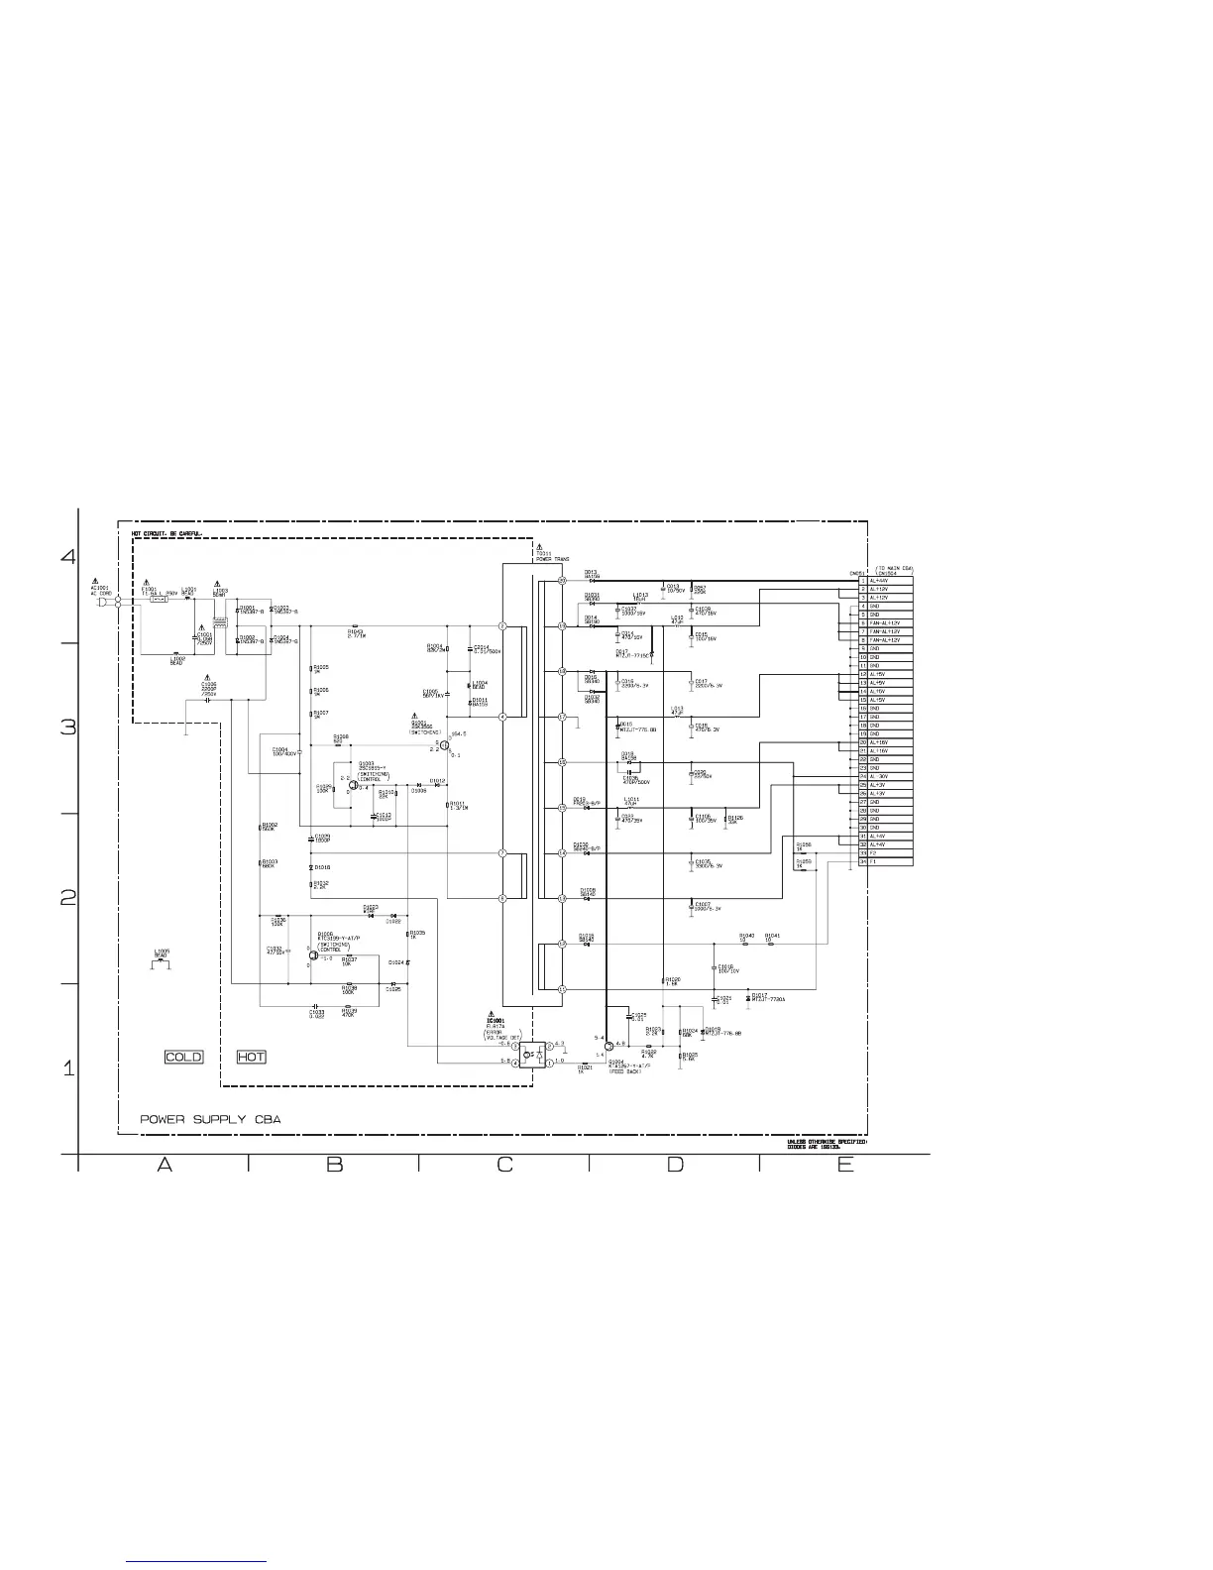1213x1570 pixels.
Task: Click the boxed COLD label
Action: point(183,1057)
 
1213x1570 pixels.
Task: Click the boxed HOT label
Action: point(252,1057)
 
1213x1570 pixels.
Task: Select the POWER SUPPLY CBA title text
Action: point(210,1119)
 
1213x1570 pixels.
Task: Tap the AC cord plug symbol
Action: point(102,600)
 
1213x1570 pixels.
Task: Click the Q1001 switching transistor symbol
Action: point(446,744)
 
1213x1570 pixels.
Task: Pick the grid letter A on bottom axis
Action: point(165,1165)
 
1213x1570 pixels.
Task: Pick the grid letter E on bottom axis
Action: point(844,1165)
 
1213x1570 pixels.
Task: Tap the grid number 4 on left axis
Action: point(68,556)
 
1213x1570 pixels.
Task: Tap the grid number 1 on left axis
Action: point(68,1068)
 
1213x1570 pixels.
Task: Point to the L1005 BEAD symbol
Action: point(162,961)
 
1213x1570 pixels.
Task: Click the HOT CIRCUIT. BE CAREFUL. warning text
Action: point(167,534)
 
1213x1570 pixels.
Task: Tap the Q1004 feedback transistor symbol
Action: point(607,1046)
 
